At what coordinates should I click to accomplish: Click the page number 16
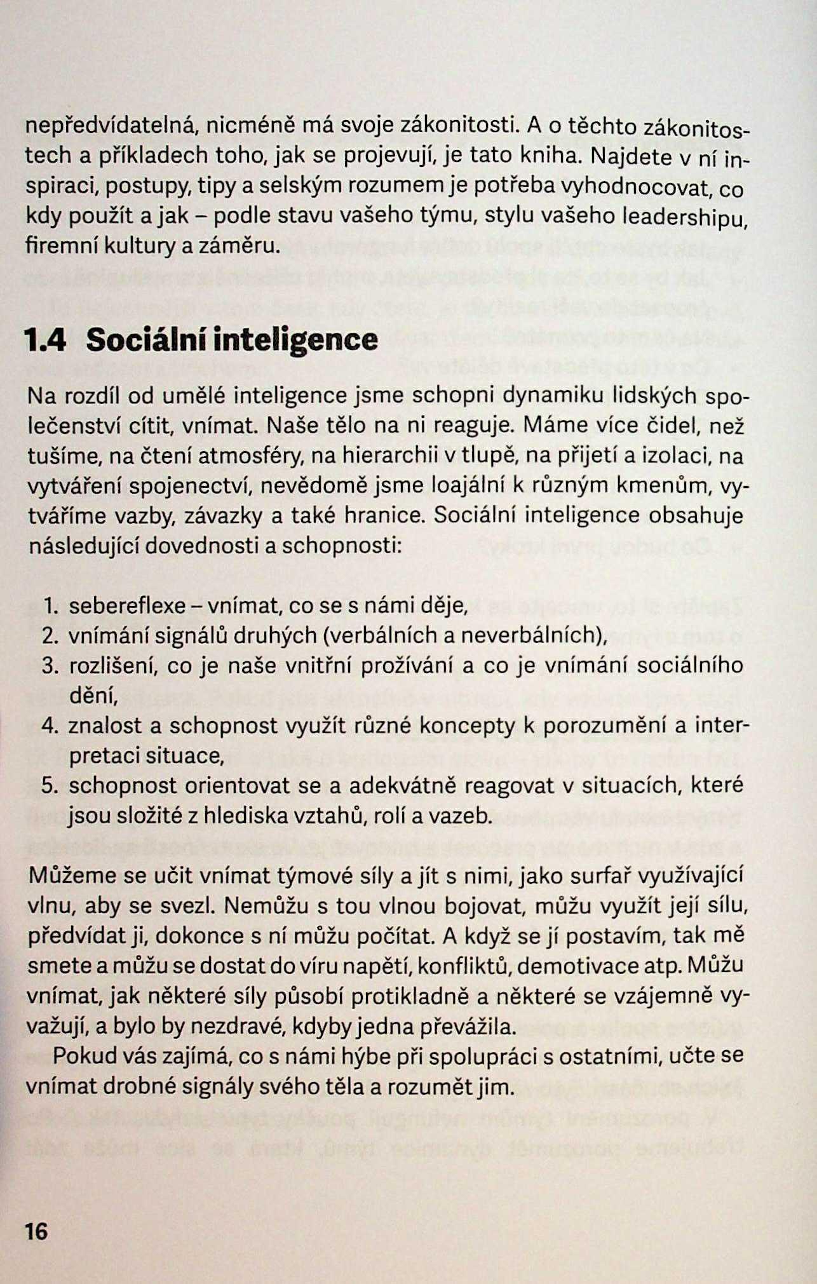click(36, 1231)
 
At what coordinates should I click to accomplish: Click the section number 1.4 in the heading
click(44, 340)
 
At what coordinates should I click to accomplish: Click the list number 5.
click(50, 786)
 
